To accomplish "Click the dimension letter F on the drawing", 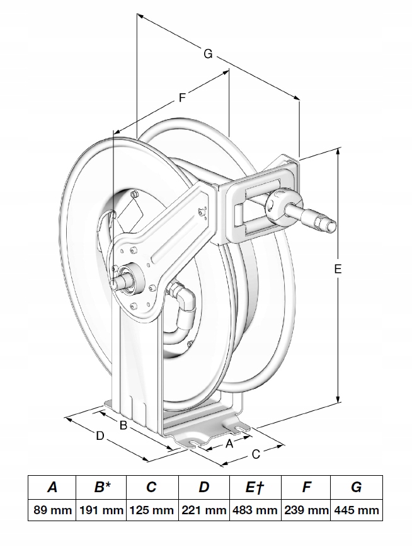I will click(181, 98).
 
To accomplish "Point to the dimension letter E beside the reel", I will click(338, 269).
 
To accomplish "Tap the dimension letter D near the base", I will click(100, 435).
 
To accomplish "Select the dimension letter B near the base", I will click(123, 426).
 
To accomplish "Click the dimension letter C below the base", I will click(256, 454).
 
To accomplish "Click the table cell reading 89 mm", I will click(52, 510).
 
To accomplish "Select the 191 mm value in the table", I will click(101, 510).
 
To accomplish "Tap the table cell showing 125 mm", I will click(152, 510).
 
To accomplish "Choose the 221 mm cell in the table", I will click(203, 510).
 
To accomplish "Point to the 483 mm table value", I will click(255, 510).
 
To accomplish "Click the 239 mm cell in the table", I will click(306, 510).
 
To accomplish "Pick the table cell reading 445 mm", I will click(357, 510).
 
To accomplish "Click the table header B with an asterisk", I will click(101, 487).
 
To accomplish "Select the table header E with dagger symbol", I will click(255, 487).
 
